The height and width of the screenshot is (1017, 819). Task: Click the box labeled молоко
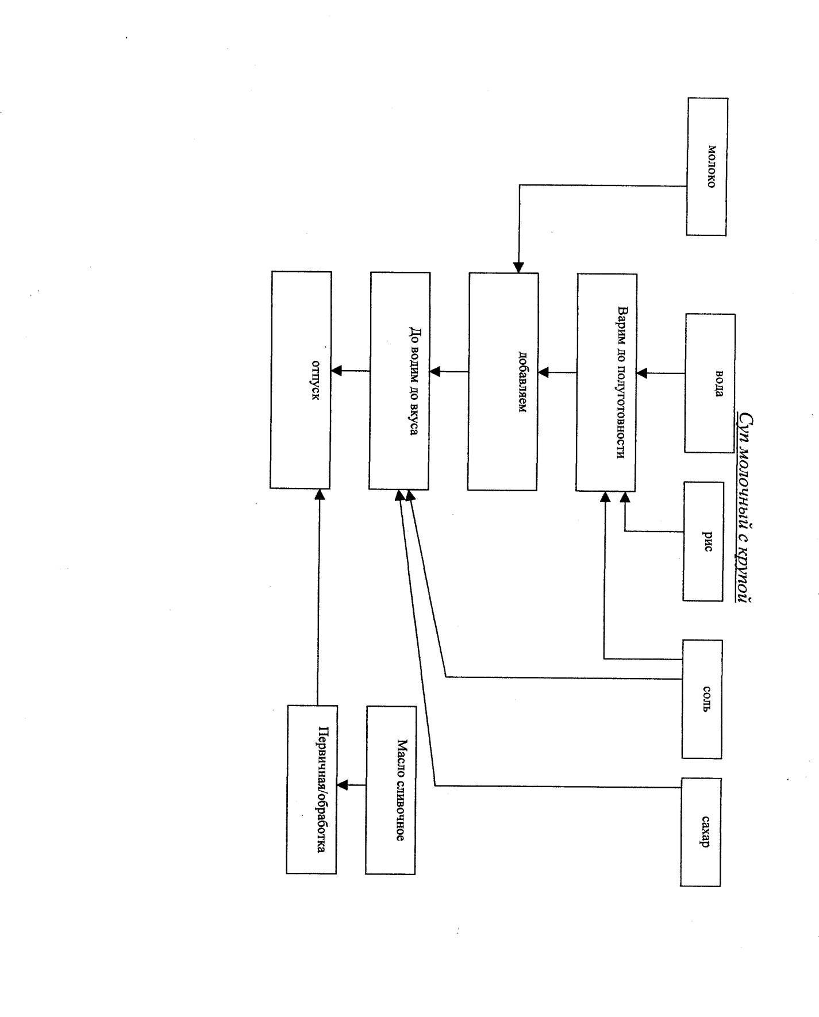coord(706,167)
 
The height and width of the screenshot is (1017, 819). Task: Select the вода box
coord(710,383)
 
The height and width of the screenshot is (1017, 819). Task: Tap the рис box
coord(703,541)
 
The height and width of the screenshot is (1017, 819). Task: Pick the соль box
coord(702,699)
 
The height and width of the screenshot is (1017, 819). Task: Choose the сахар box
coord(700,831)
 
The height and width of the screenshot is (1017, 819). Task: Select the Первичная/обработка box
coord(312,789)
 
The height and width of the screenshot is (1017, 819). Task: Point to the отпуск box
coord(301,380)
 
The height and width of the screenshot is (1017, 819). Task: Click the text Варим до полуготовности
coord(621,382)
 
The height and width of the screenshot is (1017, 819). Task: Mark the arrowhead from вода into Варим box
coord(642,373)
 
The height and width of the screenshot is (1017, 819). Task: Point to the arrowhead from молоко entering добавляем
coord(518,268)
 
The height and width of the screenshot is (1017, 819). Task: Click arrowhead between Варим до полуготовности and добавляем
coord(544,373)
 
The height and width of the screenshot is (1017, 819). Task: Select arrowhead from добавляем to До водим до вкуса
coord(435,372)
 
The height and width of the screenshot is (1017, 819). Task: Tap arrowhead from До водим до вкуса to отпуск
coord(337,371)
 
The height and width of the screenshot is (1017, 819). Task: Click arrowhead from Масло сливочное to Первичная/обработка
coord(342,785)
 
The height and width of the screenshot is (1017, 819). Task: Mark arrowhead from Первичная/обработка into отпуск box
coord(320,494)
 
